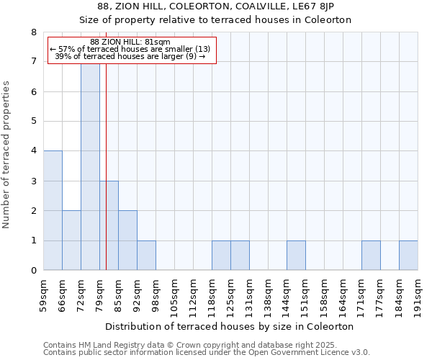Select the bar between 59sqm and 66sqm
[53, 210]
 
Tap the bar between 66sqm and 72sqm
[71, 240]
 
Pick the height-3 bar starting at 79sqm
[109, 225]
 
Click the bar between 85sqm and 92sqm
[127, 240]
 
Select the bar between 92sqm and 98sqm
[146, 256]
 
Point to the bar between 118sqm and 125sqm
[221, 256]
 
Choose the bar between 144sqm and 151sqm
[296, 256]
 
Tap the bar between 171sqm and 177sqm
[371, 256]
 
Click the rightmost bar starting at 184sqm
[408, 256]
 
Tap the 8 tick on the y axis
[33, 32]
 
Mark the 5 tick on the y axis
[33, 122]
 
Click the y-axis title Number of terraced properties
[6, 154]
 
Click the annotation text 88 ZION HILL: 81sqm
[130, 42]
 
